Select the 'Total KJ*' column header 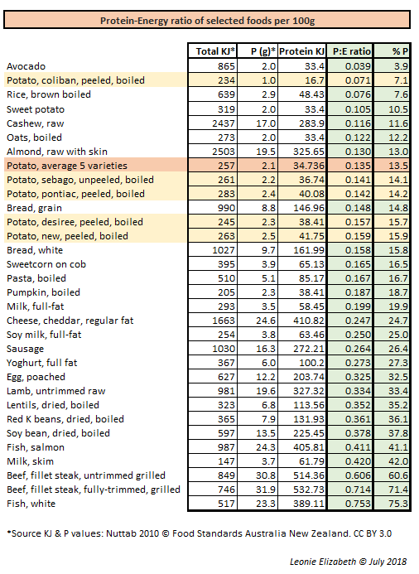(215, 51)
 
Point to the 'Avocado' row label (26, 65)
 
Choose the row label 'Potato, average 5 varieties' (67, 166)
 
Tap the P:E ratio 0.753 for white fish (349, 504)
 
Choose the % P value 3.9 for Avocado (399, 65)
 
